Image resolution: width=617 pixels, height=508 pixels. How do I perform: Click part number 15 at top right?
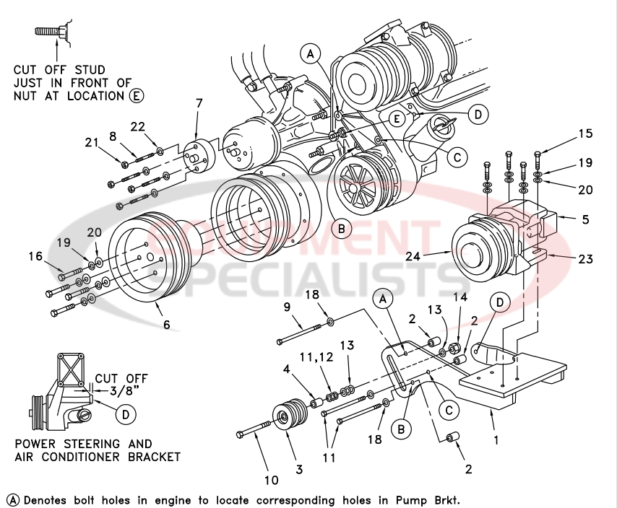coord(585,134)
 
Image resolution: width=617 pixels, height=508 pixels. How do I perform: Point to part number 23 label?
coord(585,259)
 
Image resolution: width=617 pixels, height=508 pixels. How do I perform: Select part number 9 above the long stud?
coord(287,307)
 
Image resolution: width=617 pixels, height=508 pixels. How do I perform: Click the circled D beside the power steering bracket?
coord(125,414)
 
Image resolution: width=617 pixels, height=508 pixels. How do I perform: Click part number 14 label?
coord(459,297)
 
